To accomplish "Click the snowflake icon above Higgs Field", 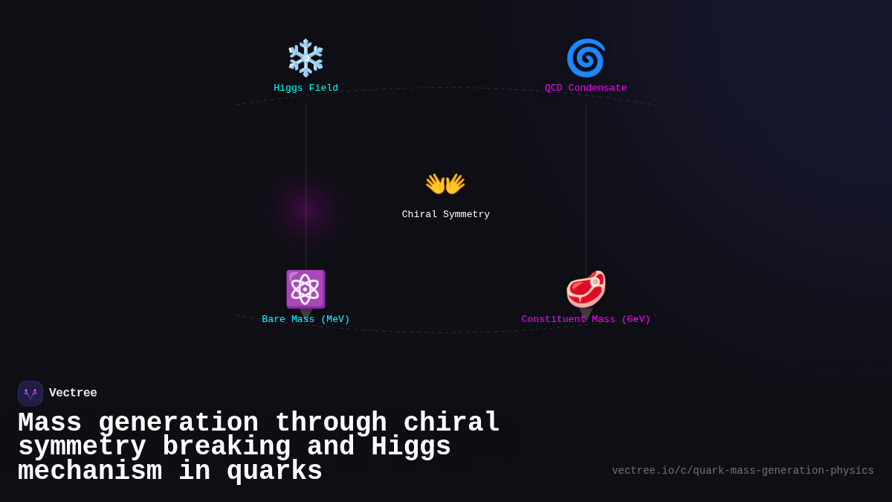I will [x=306, y=58].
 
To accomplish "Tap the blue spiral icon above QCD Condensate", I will [x=586, y=58].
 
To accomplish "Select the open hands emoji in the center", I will [x=445, y=184].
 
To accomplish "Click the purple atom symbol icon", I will [x=306, y=289].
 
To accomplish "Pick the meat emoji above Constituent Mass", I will [x=586, y=289].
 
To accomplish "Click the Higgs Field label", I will [x=306, y=88].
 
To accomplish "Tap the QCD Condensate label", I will [x=586, y=88].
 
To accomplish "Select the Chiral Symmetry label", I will [x=445, y=214].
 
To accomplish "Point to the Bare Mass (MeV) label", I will [x=306, y=319].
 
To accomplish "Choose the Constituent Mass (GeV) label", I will [x=586, y=319].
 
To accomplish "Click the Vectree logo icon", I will [x=30, y=393].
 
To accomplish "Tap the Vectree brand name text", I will [x=73, y=393].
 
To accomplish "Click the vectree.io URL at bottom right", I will [x=743, y=470].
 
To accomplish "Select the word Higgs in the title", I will [x=410, y=447].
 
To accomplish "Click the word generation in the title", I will [x=178, y=423].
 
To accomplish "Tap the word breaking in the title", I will [x=226, y=447].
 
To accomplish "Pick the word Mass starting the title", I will [x=49, y=423].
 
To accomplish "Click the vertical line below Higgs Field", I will [x=306, y=149].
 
